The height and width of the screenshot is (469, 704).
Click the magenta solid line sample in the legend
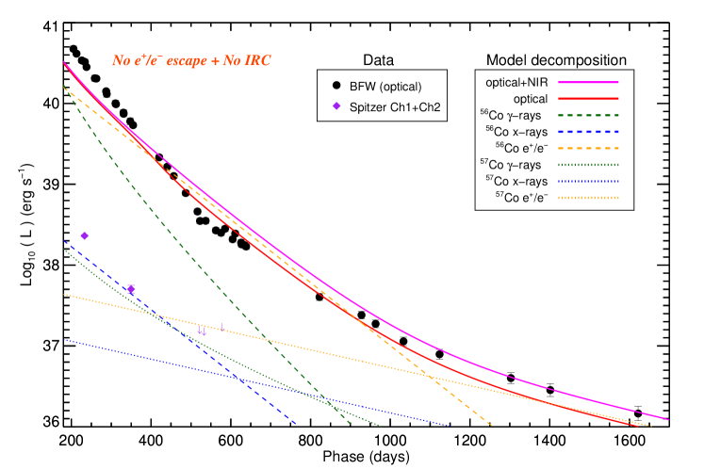[588, 82]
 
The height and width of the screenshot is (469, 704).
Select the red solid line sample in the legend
[588, 99]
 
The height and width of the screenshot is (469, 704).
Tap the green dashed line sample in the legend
[588, 115]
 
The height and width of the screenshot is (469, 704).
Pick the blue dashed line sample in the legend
[588, 132]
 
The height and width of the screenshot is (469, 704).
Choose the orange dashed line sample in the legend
[588, 148]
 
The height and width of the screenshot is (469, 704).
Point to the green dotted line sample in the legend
[588, 165]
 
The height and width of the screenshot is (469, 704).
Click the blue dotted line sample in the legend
[588, 181]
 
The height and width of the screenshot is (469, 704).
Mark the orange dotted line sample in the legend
[588, 198]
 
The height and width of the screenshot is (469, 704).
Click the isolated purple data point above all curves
[336, 105]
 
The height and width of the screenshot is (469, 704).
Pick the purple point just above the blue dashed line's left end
[84, 235]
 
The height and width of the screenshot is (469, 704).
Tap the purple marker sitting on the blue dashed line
[131, 289]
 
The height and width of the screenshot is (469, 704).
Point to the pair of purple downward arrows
[202, 332]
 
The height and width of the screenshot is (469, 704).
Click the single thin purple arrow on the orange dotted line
[221, 327]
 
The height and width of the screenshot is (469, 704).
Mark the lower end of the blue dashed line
[296, 424]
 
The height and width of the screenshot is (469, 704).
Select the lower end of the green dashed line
[351, 424]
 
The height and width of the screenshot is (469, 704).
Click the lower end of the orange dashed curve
[491, 425]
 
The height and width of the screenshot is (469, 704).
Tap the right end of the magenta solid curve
[668, 419]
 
